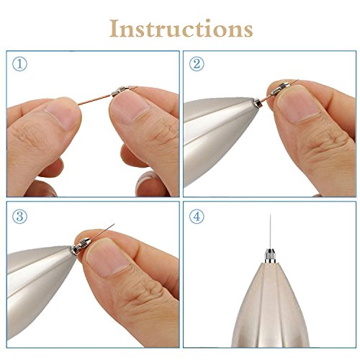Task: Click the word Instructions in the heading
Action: pos(181,28)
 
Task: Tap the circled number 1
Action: pos(19,64)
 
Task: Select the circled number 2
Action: pos(197,64)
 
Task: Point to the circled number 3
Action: pos(19,217)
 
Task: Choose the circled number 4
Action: pos(197,217)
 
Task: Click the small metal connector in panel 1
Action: pos(120,91)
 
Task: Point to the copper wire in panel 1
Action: pos(96,100)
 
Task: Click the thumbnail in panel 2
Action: pos(299,104)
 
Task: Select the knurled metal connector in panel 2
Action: pos(280,89)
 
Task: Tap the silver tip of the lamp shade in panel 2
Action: pos(257,103)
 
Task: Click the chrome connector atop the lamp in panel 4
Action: pos(270,256)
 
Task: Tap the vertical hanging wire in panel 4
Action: pos(270,231)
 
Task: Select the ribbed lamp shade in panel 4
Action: pos(270,305)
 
